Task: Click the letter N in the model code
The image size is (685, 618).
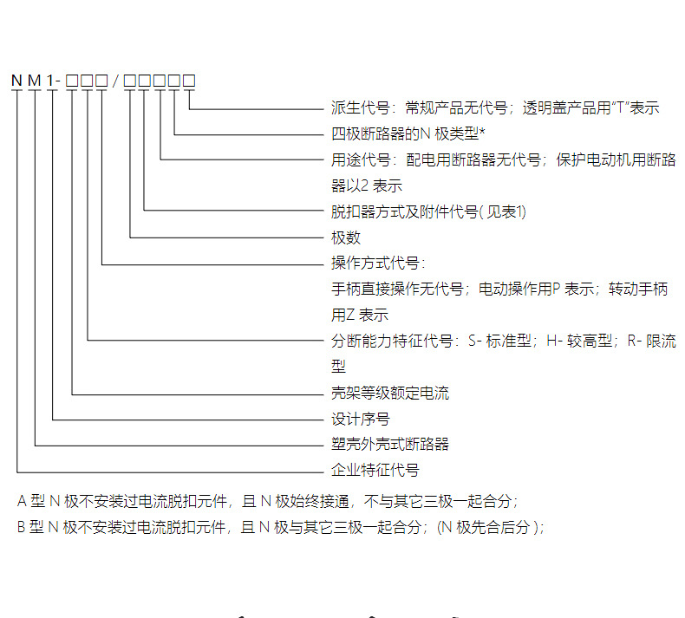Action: coord(16,81)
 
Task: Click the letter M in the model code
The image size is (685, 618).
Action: coord(35,81)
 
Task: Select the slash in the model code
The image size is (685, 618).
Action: coord(116,81)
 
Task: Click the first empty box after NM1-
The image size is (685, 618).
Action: coord(72,81)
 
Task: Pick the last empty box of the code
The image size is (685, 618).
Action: coord(188,81)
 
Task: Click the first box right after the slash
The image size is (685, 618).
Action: coord(130,81)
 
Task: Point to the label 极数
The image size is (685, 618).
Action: coord(345,237)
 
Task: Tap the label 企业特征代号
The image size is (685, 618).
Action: coord(375,471)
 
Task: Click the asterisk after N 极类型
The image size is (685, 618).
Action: coord(481,133)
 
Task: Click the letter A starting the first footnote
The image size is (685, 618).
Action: coord(22,501)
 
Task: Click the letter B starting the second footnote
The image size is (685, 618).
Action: coord(22,527)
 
